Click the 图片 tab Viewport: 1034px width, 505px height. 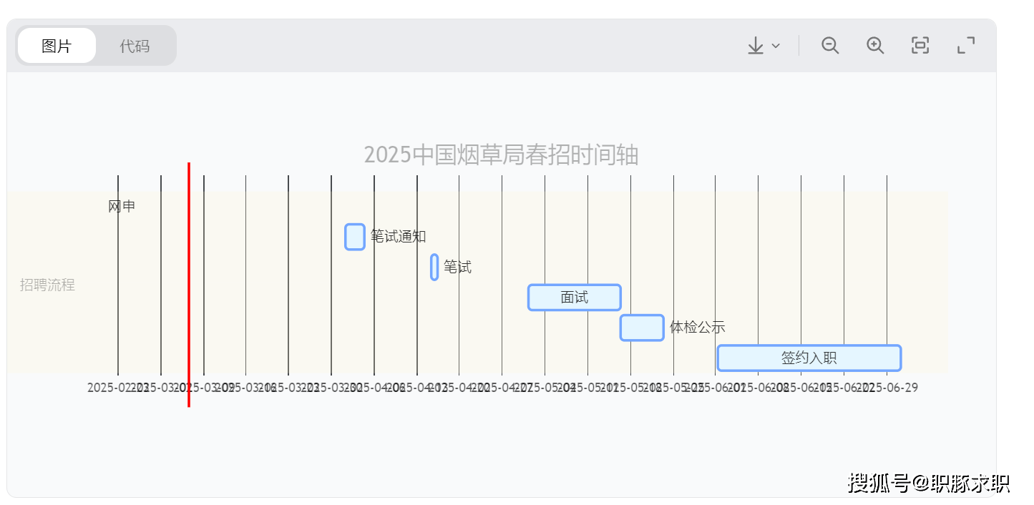coord(57,46)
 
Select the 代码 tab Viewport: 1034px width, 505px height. coord(135,46)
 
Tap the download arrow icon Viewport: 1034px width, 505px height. coord(756,46)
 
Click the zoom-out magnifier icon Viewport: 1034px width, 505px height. coord(830,46)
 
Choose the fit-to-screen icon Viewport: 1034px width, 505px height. coord(920,46)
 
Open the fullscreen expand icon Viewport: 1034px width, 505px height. coord(966,46)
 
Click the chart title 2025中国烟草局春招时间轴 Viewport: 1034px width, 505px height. coord(501,155)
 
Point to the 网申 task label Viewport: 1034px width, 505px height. coord(122,207)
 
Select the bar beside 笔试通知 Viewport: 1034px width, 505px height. coord(355,237)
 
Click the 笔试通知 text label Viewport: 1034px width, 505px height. coord(399,237)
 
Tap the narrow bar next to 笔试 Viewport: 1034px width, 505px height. coord(434,267)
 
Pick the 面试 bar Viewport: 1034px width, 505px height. coord(575,297)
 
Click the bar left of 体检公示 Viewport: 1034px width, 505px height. coord(642,328)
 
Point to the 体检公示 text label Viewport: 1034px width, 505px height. coord(698,328)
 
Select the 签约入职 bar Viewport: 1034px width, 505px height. coord(809,358)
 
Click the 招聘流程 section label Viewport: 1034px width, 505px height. coord(47,285)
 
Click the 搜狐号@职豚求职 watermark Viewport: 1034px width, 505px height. coord(929,483)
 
